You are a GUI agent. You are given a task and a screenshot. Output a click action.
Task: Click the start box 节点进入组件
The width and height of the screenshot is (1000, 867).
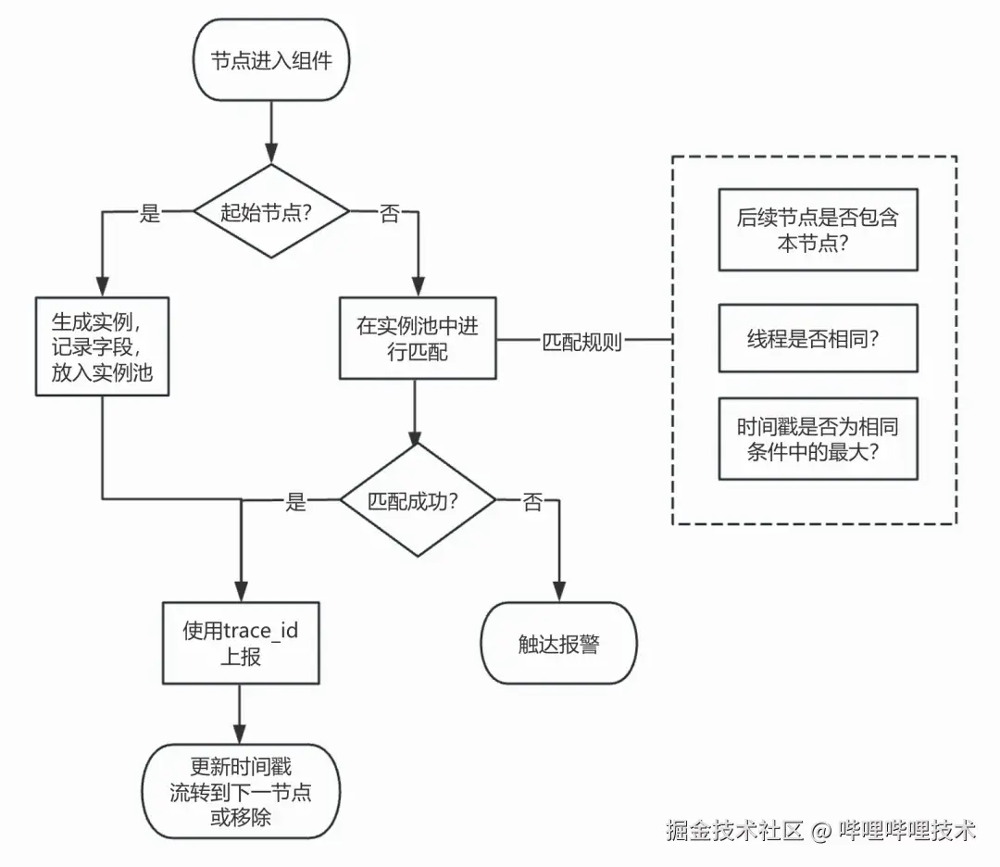pos(271,63)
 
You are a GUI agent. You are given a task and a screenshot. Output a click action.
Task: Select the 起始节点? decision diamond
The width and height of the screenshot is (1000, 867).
pos(271,212)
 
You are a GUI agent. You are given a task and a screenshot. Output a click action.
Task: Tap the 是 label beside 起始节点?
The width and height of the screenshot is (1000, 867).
pos(150,213)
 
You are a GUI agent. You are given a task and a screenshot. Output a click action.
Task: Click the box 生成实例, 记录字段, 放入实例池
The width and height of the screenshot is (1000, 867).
pos(102,346)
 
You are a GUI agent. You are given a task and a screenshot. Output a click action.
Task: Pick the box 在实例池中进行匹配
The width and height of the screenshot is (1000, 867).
pos(417,338)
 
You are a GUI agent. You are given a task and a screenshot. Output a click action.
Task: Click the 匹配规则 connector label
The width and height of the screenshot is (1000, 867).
pos(581,340)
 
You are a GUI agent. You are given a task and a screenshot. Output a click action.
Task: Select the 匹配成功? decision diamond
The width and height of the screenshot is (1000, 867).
pos(417,500)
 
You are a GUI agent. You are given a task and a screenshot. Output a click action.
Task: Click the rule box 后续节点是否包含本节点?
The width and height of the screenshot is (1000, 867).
pos(818,230)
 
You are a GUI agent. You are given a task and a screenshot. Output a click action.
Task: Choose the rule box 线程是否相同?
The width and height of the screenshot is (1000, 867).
pos(818,338)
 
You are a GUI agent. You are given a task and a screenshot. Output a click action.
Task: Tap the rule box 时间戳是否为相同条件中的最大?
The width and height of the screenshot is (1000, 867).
pos(818,439)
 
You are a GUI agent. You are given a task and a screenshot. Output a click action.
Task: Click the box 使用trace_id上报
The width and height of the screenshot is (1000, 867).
pos(241,643)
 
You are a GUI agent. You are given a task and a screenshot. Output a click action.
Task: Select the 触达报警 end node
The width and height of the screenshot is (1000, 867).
pos(558,644)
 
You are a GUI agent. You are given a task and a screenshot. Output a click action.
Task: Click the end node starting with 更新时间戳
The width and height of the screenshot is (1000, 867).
pos(241,793)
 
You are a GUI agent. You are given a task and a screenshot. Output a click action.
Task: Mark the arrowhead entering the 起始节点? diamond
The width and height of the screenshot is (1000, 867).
pos(271,155)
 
